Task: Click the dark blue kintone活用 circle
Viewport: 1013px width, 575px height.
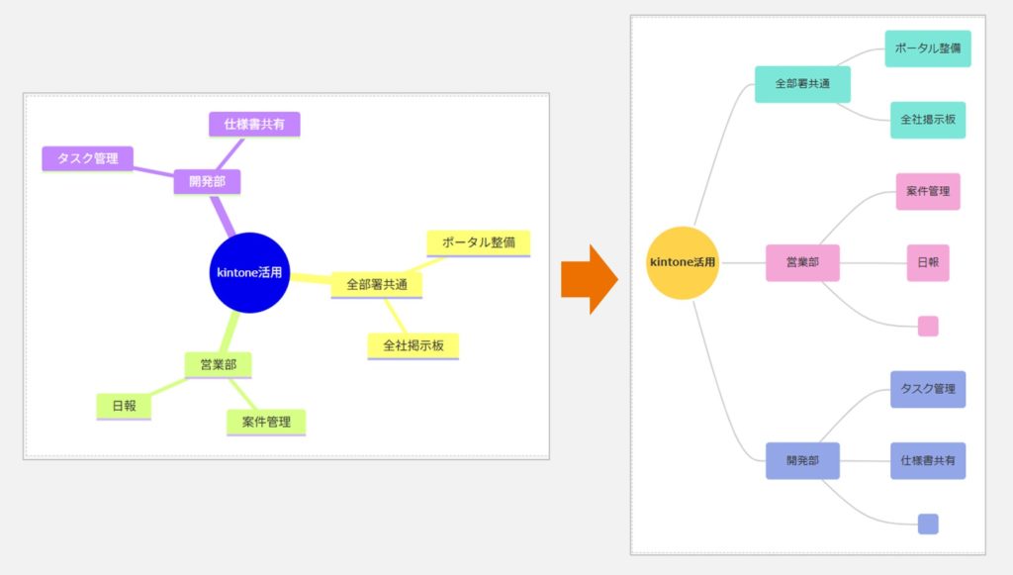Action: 249,273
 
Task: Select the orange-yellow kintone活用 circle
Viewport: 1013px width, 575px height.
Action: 682,262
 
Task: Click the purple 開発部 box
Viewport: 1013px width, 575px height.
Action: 207,182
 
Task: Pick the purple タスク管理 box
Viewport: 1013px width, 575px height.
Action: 87,158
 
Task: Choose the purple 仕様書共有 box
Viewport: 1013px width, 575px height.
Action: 254,125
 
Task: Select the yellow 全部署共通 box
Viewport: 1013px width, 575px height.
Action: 376,285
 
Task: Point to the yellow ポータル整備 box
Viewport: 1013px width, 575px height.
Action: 478,243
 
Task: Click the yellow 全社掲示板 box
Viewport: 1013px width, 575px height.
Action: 413,345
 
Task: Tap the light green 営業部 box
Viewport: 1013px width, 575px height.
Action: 218,365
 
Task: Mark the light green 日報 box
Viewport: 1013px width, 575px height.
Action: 124,406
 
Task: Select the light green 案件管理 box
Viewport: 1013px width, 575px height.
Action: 266,422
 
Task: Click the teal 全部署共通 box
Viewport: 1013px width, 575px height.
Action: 802,84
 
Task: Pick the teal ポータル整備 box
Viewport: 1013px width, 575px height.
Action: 927,48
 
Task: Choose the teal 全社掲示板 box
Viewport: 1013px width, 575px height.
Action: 927,120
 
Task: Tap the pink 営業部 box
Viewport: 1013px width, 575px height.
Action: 802,263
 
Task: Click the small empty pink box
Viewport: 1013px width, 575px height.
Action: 928,327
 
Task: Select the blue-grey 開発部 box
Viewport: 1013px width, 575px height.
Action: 802,460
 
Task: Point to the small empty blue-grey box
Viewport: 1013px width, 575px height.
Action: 928,524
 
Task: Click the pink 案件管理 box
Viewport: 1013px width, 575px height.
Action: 928,191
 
